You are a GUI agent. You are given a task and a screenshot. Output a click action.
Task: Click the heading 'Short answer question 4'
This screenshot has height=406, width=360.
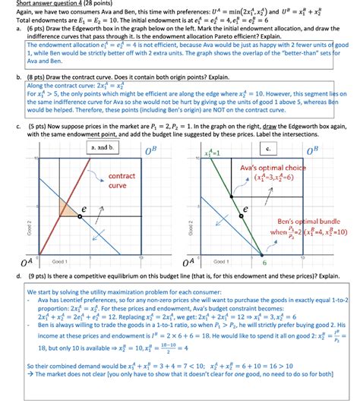pos(46,4)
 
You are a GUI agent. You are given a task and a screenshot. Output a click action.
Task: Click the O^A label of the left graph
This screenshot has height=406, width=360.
pos(25,262)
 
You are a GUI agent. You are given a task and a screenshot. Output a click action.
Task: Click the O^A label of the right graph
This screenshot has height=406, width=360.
pos(197,262)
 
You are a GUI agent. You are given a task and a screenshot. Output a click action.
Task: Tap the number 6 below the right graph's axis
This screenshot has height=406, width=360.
pos(264,263)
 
